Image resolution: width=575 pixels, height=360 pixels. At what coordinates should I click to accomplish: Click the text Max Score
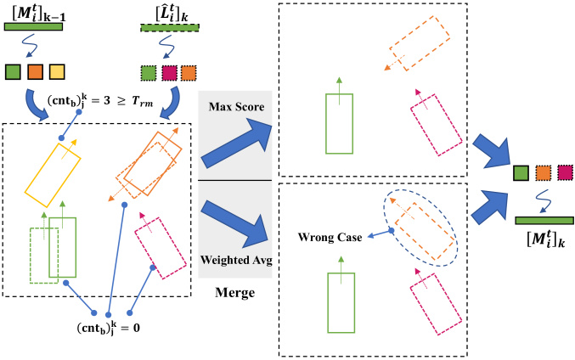click(x=236, y=107)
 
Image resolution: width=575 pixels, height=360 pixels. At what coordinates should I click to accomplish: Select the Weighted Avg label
click(x=236, y=260)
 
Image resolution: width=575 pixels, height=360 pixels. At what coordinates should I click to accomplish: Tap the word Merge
click(x=234, y=293)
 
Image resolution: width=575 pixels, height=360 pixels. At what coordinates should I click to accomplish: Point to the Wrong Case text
click(x=330, y=237)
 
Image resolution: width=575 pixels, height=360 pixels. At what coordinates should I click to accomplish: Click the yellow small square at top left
click(x=57, y=72)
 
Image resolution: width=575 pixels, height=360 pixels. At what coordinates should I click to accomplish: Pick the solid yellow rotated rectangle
click(x=53, y=175)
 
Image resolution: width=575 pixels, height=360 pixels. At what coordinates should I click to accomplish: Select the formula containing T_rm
click(x=99, y=101)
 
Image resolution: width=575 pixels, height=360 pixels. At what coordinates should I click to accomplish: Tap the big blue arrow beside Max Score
click(x=236, y=143)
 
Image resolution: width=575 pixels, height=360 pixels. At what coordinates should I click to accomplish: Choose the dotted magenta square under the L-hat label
click(x=169, y=73)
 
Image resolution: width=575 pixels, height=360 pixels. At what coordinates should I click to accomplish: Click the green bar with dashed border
click(x=170, y=28)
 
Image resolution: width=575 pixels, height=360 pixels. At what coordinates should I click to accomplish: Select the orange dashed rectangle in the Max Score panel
click(x=420, y=43)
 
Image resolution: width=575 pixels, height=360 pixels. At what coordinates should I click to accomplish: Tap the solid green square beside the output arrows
click(x=521, y=173)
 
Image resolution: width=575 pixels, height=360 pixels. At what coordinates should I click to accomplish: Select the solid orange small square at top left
click(x=35, y=72)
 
